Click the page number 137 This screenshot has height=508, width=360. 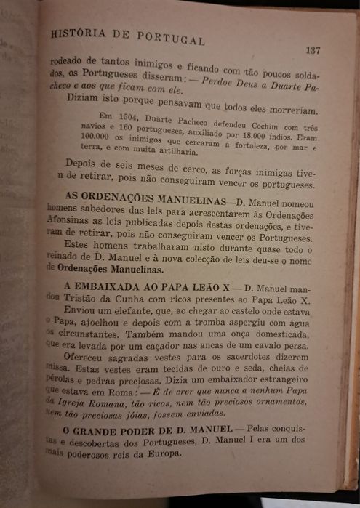click(313, 50)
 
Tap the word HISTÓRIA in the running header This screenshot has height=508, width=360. click(76, 33)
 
